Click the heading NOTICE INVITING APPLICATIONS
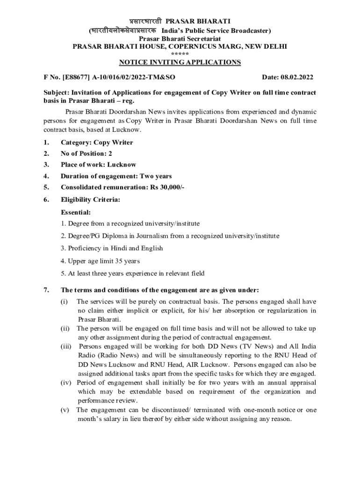tap(180, 62)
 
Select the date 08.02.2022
tap(296, 77)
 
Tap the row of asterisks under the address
tap(180, 54)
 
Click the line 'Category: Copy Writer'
tap(97, 142)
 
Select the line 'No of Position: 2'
tap(86, 153)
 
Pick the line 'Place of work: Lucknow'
tap(99, 165)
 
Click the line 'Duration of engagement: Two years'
tap(116, 176)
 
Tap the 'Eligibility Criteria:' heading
tap(90, 200)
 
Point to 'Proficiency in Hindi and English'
tap(112, 248)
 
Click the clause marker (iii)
tap(66, 347)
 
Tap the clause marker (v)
tap(65, 410)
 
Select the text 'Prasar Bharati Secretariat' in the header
tap(180, 39)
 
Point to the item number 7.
tap(45, 290)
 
